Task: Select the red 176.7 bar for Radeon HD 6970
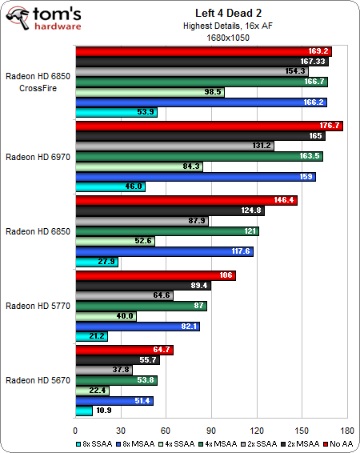[208, 125]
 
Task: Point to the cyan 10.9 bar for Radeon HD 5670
[83, 411]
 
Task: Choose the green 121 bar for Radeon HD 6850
[166, 231]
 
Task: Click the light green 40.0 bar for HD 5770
[106, 316]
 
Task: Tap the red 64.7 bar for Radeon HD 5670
[124, 349]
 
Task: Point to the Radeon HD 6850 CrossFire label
[37, 82]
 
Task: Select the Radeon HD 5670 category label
[37, 380]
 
